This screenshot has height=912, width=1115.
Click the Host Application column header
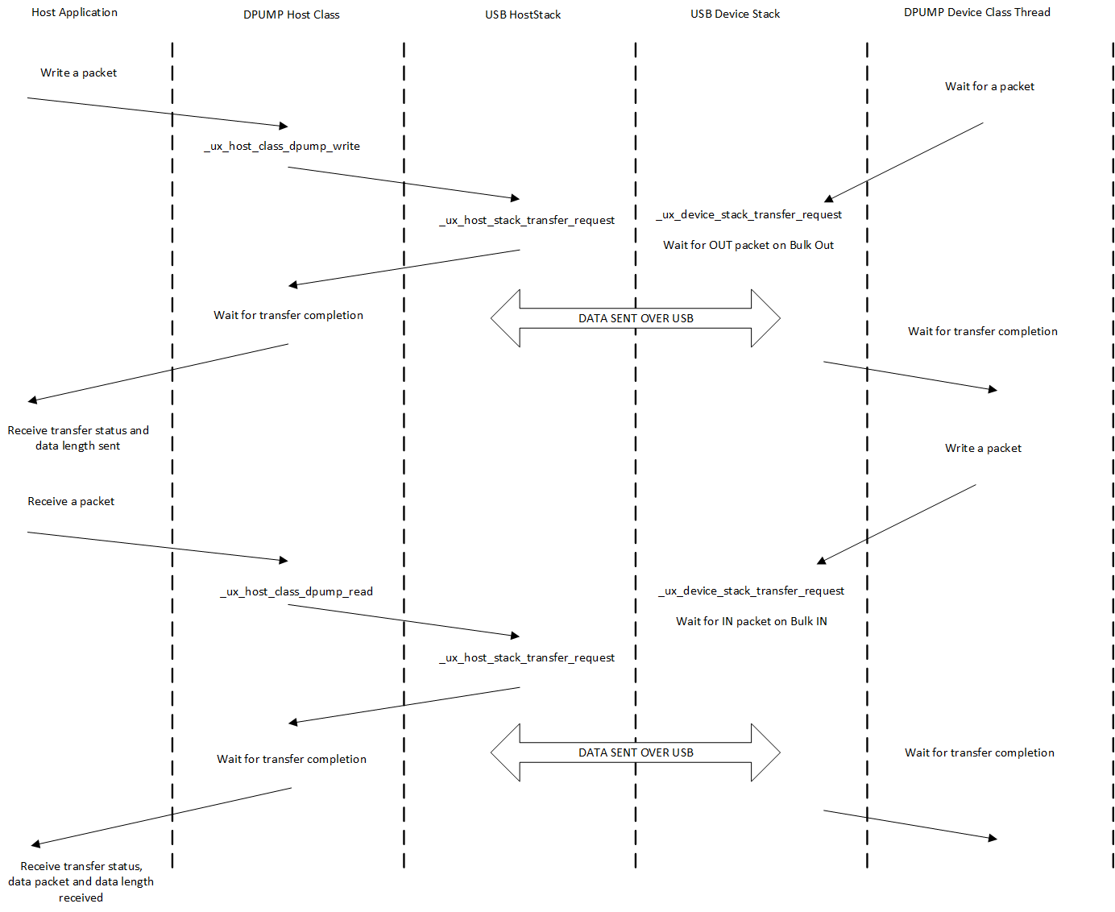point(74,12)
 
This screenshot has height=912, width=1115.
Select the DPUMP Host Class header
point(292,15)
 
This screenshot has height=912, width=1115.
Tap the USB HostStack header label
point(523,15)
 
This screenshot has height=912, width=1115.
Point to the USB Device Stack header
point(735,14)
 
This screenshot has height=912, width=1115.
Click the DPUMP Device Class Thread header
point(976,12)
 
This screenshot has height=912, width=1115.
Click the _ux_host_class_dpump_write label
point(282,146)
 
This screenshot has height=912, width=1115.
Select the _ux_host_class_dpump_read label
point(296,591)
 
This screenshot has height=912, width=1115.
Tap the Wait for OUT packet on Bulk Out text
point(748,245)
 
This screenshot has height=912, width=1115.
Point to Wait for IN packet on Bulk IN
point(751,621)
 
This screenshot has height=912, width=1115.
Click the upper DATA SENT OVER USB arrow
point(636,318)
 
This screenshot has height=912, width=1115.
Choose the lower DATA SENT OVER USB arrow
point(636,752)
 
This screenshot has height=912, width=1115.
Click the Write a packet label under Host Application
point(78,73)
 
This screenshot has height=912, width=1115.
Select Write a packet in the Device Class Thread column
point(983,448)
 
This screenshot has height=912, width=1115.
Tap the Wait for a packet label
point(989,86)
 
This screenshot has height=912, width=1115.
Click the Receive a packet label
point(71,501)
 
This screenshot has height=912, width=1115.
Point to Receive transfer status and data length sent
point(78,437)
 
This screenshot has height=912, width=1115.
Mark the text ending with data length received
point(81,881)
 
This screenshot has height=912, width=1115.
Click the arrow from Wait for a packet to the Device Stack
point(904,162)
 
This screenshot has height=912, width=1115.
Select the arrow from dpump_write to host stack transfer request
point(404,183)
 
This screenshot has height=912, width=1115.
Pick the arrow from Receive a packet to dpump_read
point(158,546)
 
